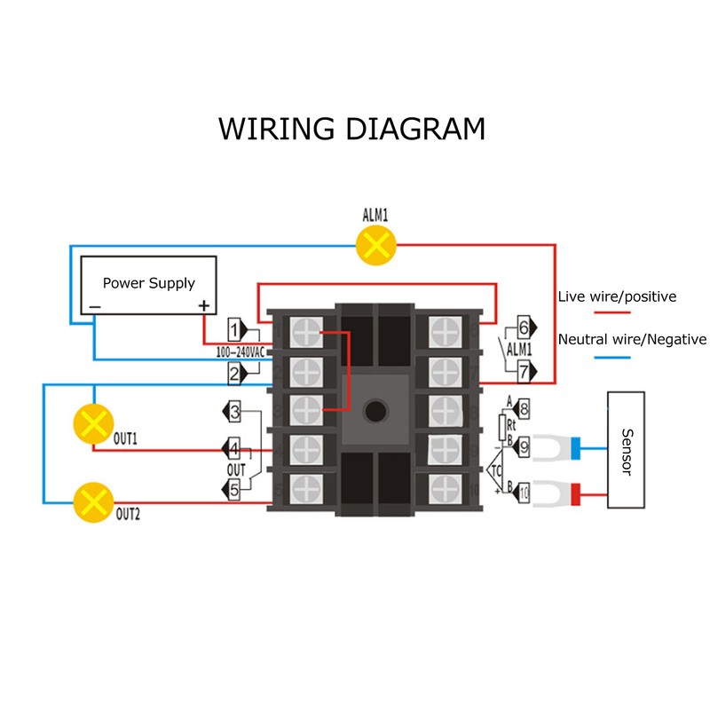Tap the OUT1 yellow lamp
(93, 422)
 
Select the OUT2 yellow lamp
(93, 503)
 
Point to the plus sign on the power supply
(204, 306)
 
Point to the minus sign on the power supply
(93, 307)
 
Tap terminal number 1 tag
(237, 331)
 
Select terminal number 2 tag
(237, 374)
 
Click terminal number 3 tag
(233, 412)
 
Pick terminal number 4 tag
(233, 448)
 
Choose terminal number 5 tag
(233, 487)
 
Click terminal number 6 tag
(522, 326)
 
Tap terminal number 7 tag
(522, 369)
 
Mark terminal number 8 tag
(522, 409)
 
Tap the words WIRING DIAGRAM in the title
(352, 128)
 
